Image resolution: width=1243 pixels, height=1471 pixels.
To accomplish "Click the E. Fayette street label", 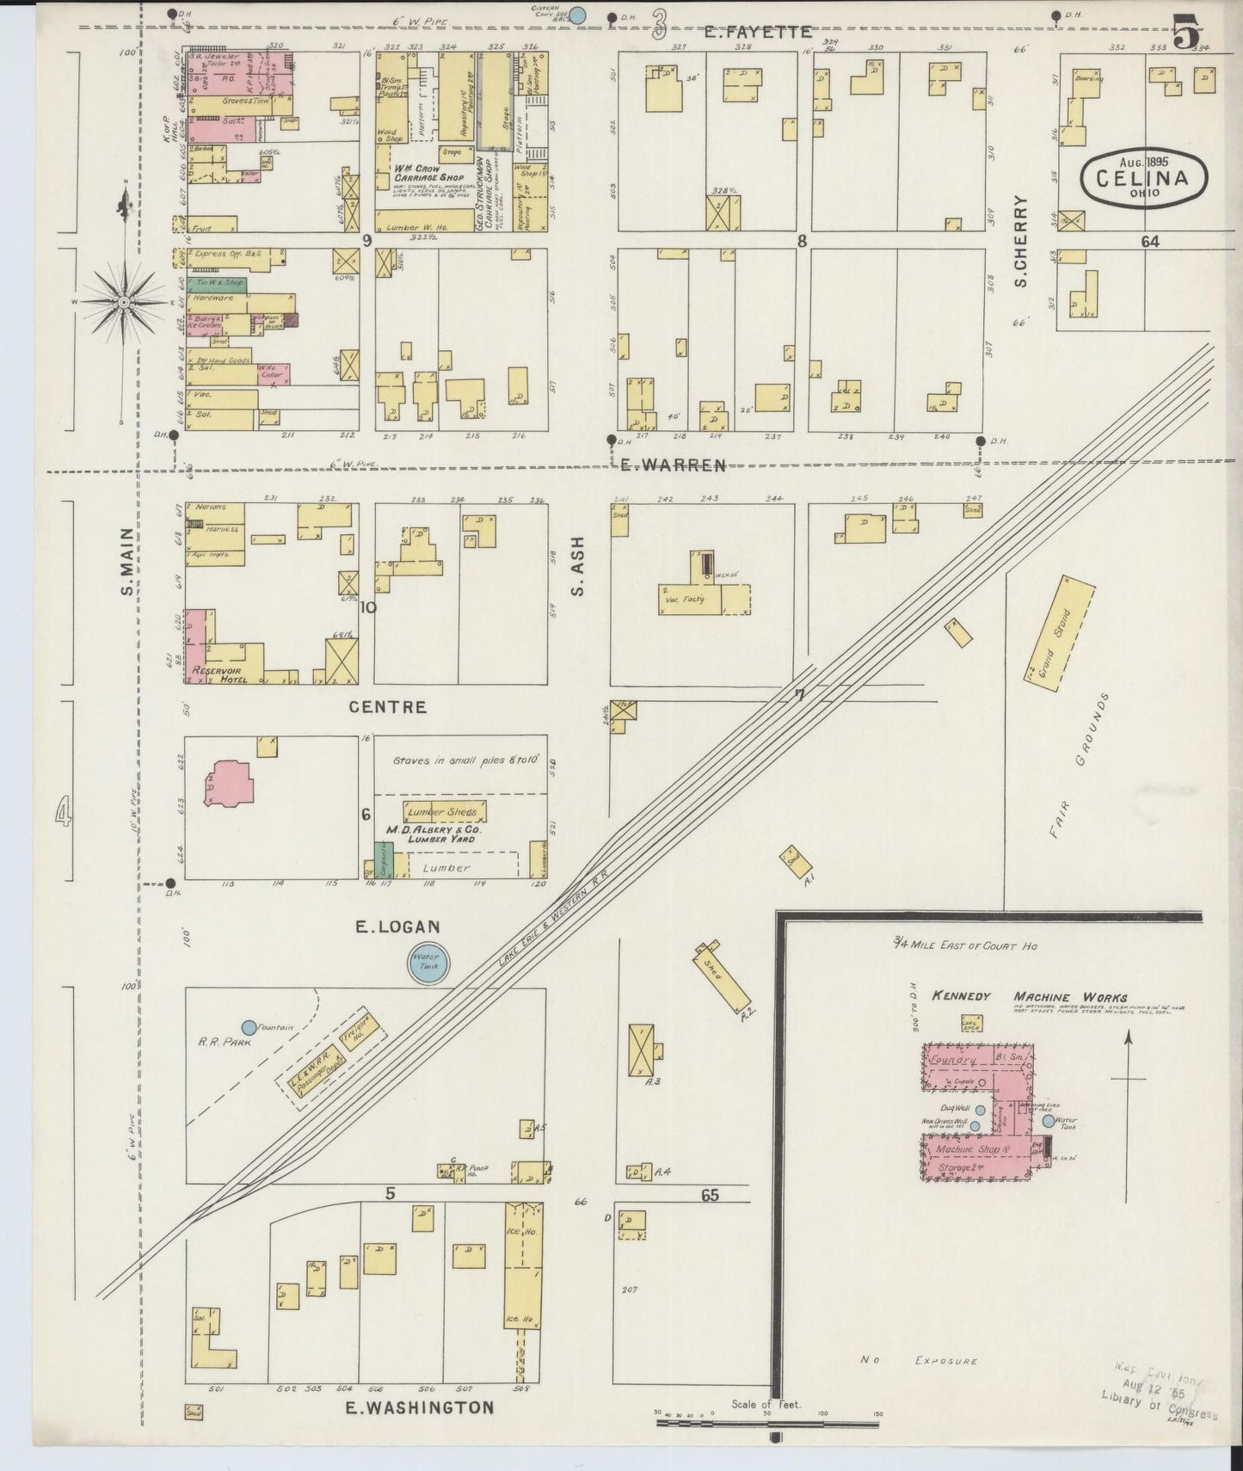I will click(757, 32).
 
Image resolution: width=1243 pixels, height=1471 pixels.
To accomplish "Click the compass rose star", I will click(125, 303).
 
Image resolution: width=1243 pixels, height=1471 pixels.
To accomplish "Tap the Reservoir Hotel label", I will click(220, 674).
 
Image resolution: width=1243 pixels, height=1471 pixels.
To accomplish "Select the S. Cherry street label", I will click(1022, 240).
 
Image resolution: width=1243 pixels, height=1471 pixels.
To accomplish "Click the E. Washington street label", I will click(420, 1407).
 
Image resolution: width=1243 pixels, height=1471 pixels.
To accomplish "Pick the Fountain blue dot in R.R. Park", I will click(249, 1027).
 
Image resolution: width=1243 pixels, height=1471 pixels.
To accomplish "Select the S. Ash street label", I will click(577, 566).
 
